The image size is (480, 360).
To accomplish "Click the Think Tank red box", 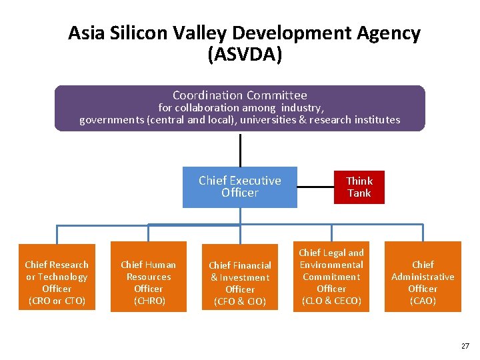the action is pyautogui.click(x=359, y=187).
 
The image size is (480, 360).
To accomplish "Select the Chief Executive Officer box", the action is pyautogui.click(x=240, y=187).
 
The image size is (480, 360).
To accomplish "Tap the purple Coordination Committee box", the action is pyautogui.click(x=239, y=108).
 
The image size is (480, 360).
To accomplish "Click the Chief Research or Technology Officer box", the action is pyautogui.click(x=57, y=276).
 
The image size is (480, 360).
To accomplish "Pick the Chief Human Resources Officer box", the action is pyautogui.click(x=148, y=276).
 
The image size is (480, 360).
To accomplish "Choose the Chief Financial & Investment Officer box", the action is pyautogui.click(x=239, y=276).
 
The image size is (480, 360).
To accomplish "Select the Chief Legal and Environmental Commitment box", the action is pyautogui.click(x=331, y=276).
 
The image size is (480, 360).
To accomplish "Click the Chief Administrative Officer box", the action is pyautogui.click(x=423, y=276).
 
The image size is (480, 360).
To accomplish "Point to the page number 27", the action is pyautogui.click(x=465, y=346).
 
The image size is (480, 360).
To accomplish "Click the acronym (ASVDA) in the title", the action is pyautogui.click(x=245, y=55).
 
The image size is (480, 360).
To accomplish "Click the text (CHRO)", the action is pyautogui.click(x=148, y=301).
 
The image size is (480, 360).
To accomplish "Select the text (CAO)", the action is pyautogui.click(x=423, y=301).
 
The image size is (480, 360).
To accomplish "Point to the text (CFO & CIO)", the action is pyautogui.click(x=239, y=302).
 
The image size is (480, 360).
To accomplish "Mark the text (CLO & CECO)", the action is pyautogui.click(x=331, y=301).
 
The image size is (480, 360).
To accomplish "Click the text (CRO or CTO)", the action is pyautogui.click(x=57, y=301).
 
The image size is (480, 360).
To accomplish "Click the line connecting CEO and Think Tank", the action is pyautogui.click(x=315, y=187).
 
